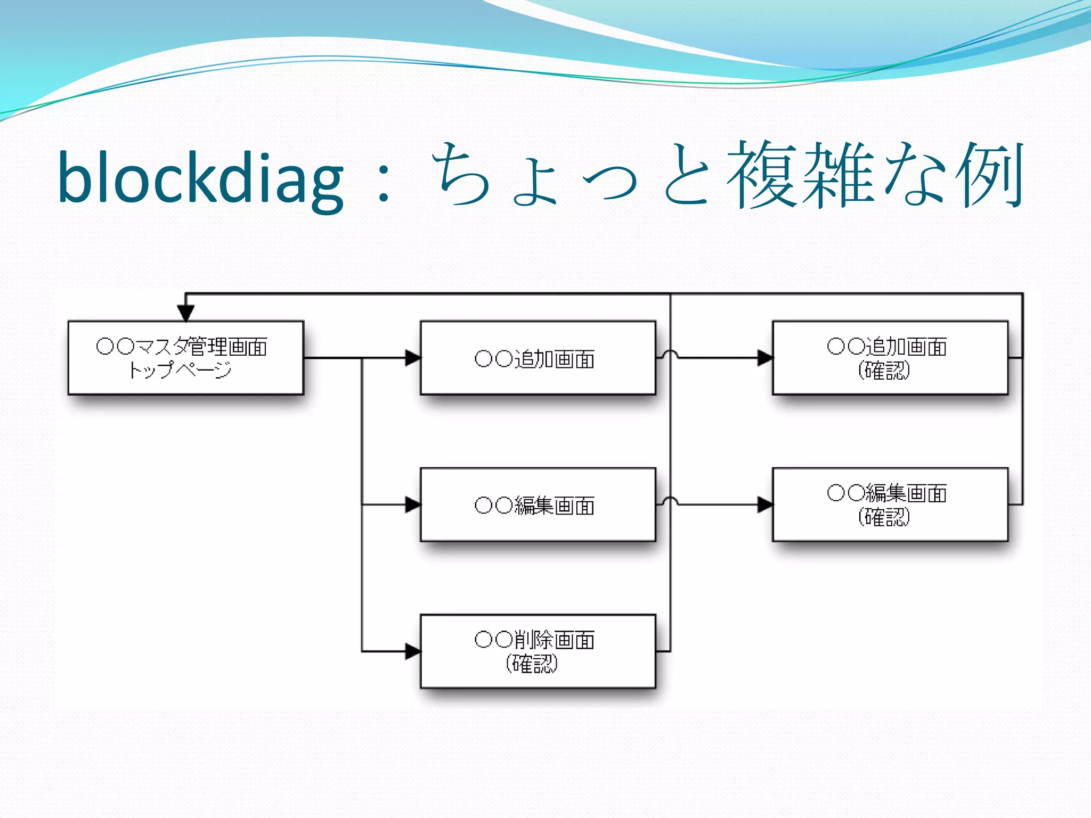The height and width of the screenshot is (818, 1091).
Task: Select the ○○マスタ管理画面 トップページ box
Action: pyautogui.click(x=185, y=357)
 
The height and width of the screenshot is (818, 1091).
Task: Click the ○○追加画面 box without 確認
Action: pyautogui.click(x=538, y=357)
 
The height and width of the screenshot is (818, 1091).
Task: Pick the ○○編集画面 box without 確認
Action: pyautogui.click(x=538, y=504)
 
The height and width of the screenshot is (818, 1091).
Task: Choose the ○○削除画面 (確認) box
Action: pyautogui.click(x=538, y=651)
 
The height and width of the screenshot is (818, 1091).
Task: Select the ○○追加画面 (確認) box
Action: pyautogui.click(x=890, y=357)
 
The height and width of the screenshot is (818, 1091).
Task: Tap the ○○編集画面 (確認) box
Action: pyautogui.click(x=890, y=504)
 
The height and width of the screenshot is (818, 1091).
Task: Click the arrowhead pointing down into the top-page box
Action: pyautogui.click(x=185, y=313)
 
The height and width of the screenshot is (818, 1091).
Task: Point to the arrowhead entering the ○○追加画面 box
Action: pyautogui.click(x=413, y=358)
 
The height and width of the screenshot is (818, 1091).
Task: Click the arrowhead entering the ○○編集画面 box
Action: pyautogui.click(x=413, y=504)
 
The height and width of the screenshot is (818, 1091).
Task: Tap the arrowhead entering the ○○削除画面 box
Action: pyautogui.click(x=413, y=651)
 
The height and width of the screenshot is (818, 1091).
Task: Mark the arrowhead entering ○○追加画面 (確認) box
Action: pyautogui.click(x=765, y=358)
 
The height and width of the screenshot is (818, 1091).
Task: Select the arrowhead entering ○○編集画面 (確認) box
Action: pyautogui.click(x=765, y=504)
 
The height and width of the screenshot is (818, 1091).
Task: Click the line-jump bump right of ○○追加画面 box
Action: pyautogui.click(x=670, y=354)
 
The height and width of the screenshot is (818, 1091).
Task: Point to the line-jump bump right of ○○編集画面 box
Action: pyautogui.click(x=670, y=501)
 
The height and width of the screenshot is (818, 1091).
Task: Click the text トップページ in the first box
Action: pyautogui.click(x=180, y=370)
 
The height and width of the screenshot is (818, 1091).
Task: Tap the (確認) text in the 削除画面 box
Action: pyautogui.click(x=531, y=664)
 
